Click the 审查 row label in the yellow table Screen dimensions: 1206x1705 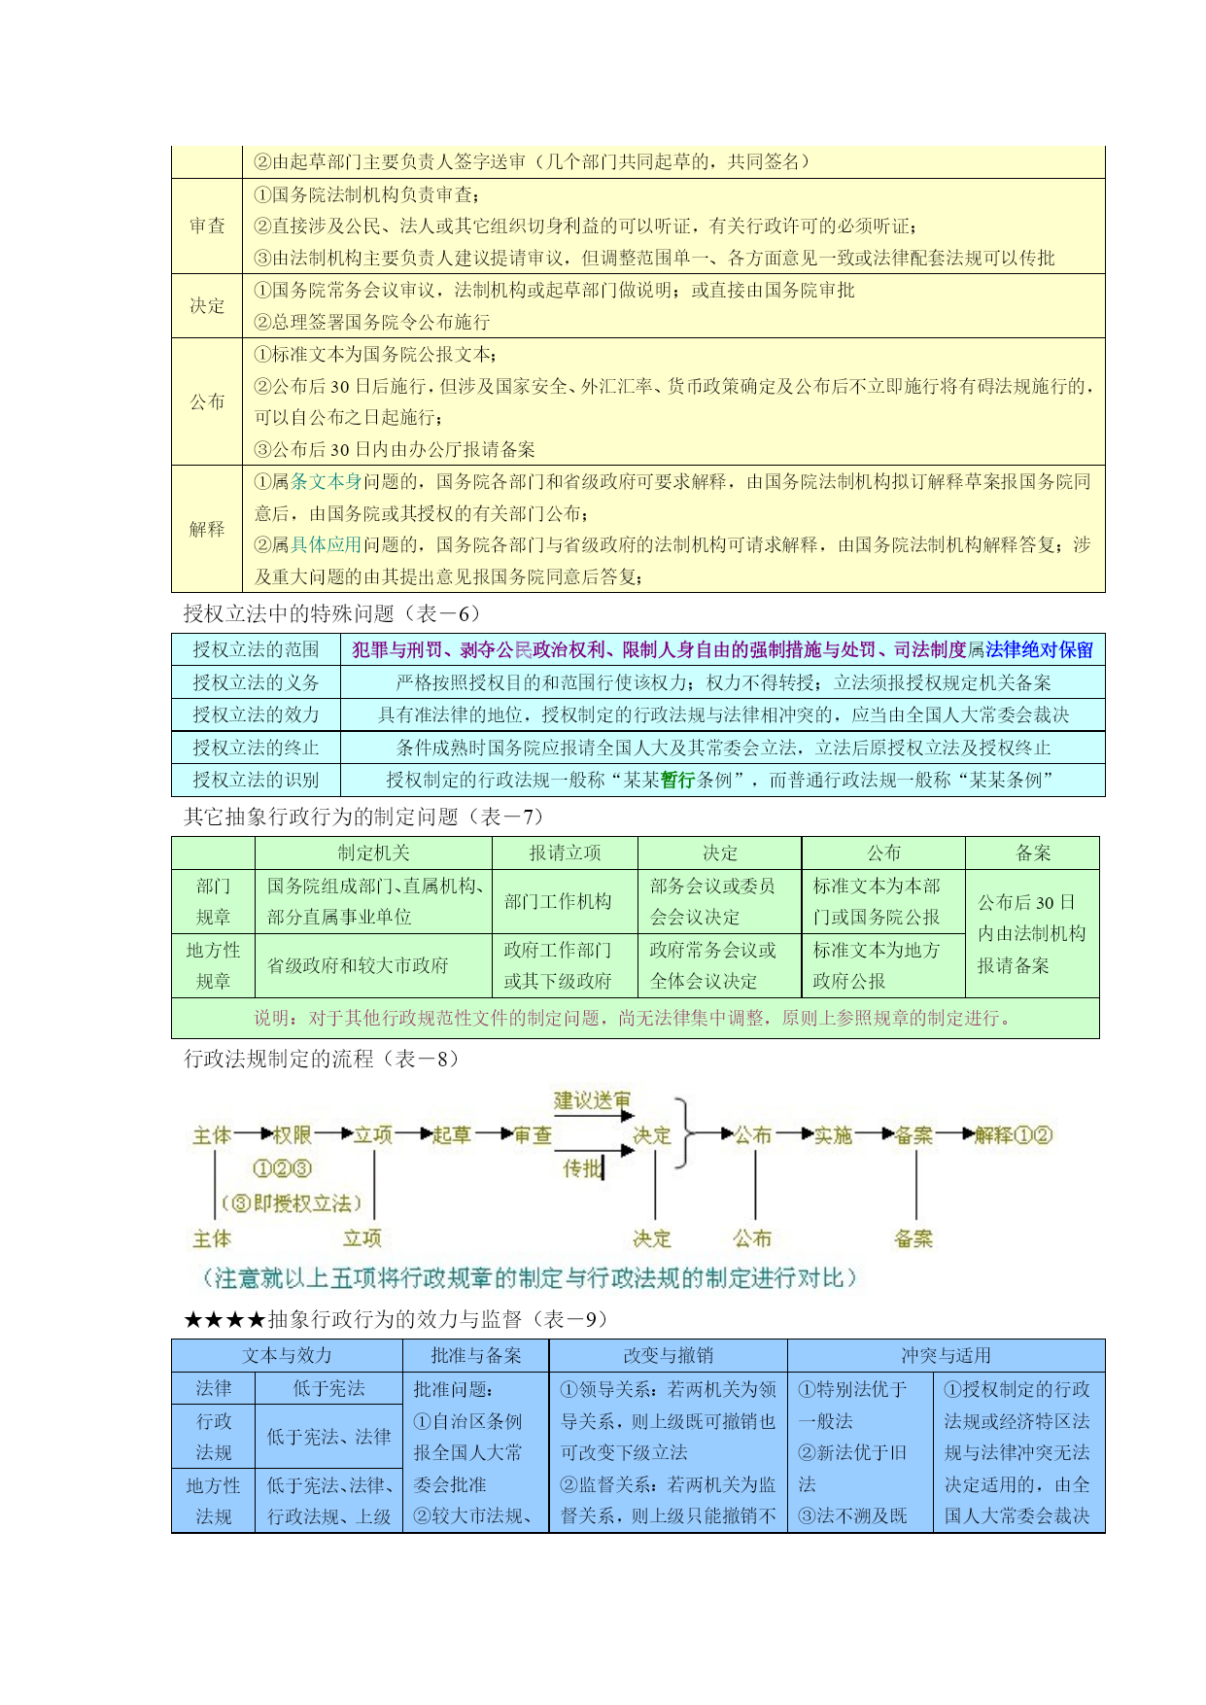coord(207,226)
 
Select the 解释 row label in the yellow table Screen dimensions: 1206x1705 coord(207,529)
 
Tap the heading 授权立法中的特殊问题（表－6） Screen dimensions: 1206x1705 coord(332,613)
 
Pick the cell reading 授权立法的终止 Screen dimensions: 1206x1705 coord(256,748)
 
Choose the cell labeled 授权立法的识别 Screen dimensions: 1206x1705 coord(256,780)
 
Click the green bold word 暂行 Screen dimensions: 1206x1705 coord(678,780)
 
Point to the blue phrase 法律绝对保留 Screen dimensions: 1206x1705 coord(1039,649)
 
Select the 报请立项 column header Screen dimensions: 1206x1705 coord(565,852)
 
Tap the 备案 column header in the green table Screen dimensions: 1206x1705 coord(1033,852)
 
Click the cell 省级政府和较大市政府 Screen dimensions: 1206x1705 coord(358,965)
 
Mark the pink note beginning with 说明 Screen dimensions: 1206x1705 coord(636,1018)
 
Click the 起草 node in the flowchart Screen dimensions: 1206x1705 coord(452,1134)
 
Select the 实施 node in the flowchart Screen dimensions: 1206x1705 coord(833,1134)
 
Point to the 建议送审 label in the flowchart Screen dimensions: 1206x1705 coord(593,1100)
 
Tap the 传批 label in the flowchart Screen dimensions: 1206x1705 coord(583,1167)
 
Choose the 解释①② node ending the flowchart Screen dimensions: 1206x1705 coord(1015,1134)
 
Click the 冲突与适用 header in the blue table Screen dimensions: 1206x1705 coord(946,1355)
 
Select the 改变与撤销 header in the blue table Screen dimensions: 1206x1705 coord(669,1355)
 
